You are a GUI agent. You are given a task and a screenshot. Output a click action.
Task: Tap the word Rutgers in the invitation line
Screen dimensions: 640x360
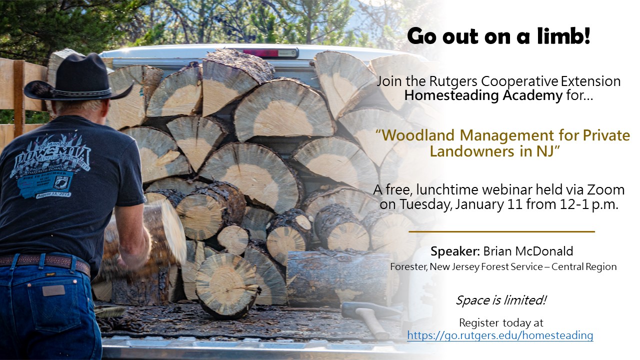tap(453, 81)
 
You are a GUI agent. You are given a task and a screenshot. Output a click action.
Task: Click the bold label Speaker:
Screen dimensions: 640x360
tap(455, 251)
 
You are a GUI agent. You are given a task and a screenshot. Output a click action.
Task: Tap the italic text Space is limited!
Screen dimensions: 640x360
tap(501, 300)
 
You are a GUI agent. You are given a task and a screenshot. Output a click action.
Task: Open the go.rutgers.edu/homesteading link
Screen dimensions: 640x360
tap(500, 335)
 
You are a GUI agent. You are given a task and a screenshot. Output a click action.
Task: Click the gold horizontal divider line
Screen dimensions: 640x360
tap(501, 231)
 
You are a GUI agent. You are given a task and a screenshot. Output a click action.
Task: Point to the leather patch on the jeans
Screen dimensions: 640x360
tap(53, 291)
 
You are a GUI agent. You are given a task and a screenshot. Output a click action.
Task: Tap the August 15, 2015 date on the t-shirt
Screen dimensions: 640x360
tap(54, 195)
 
